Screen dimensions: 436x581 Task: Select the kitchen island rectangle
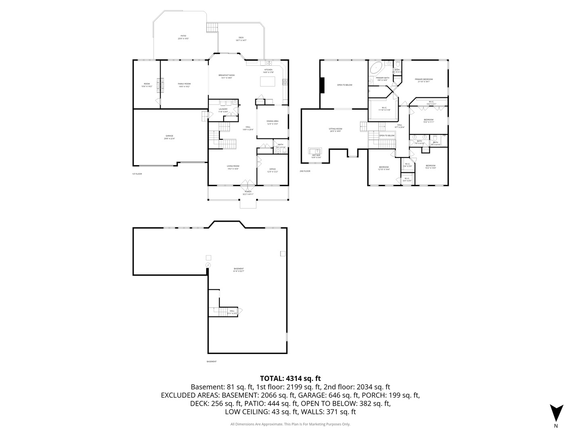point(267,81)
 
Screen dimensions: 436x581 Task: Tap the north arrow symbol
point(556,413)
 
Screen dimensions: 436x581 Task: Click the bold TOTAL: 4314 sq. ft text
point(290,378)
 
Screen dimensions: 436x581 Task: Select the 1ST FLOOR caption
point(137,174)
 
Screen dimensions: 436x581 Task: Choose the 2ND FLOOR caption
point(305,171)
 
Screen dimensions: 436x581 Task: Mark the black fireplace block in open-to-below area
point(322,85)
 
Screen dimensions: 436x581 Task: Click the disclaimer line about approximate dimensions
point(290,424)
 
